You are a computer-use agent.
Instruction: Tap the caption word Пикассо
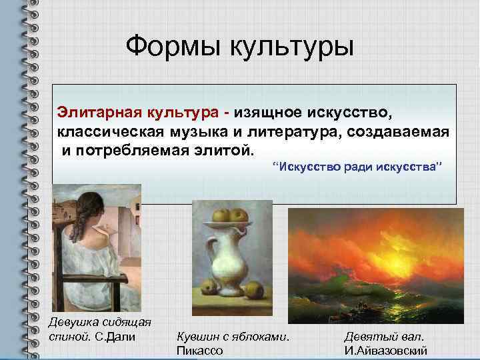(199, 350)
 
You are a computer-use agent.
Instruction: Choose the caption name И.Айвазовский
(385, 350)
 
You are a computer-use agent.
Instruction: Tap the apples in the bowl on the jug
(231, 217)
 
